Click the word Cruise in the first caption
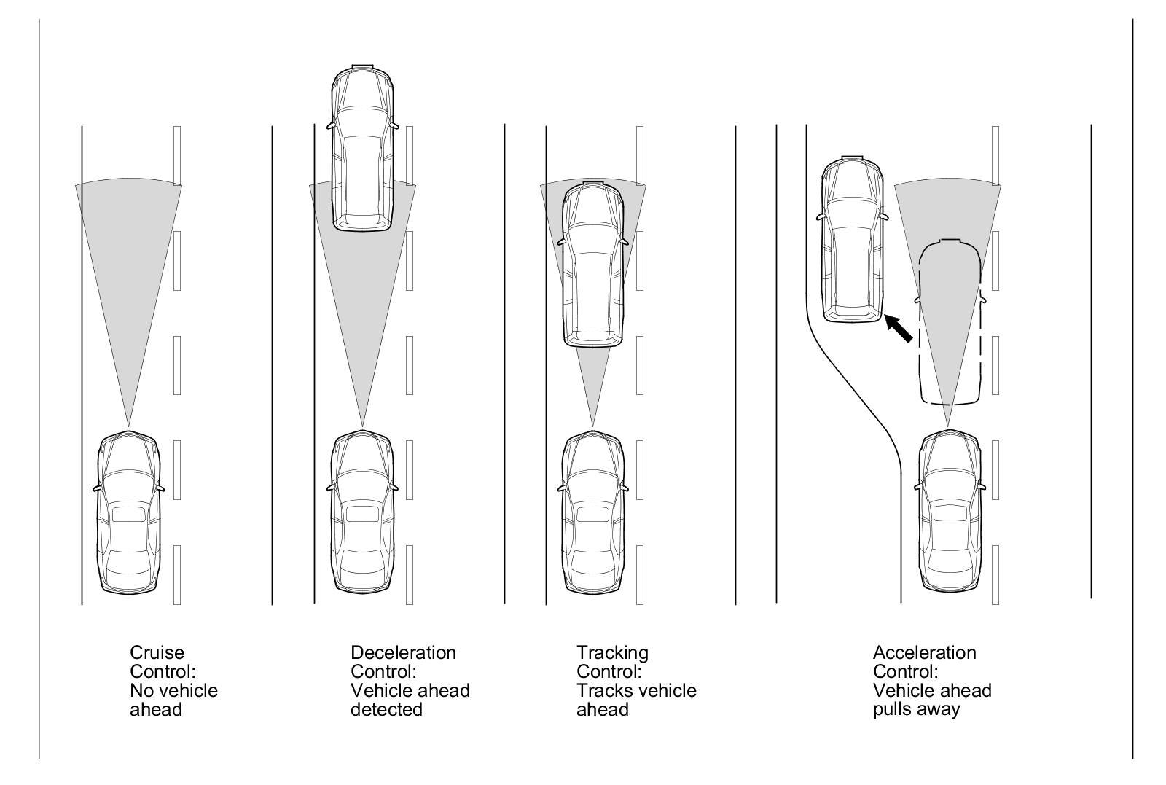(x=157, y=652)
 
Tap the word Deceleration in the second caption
(x=403, y=652)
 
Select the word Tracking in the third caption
(x=612, y=652)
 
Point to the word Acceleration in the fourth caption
(x=924, y=652)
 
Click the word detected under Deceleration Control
(x=386, y=709)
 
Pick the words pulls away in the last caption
(x=916, y=709)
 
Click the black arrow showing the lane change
(x=899, y=329)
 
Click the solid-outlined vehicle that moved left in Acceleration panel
(x=853, y=239)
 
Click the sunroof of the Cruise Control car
(x=128, y=513)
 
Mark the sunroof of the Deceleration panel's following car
(x=362, y=513)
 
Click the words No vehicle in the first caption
(x=173, y=690)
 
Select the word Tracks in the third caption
(x=602, y=690)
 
